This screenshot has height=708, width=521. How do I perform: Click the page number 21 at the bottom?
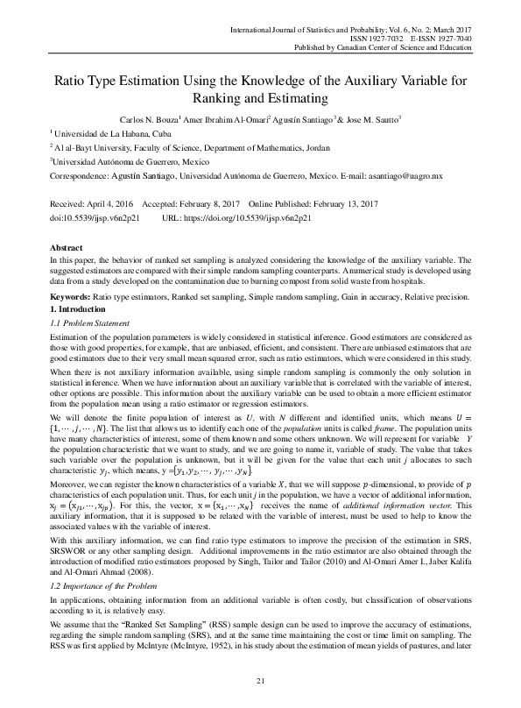point(260,681)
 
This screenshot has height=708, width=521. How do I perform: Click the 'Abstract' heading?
point(67,248)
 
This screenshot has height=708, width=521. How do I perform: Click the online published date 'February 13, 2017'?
point(352,202)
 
